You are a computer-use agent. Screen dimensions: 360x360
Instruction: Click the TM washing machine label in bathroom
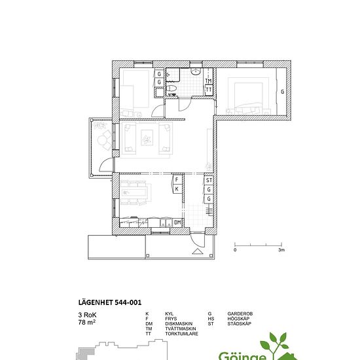pyautogui.click(x=208, y=81)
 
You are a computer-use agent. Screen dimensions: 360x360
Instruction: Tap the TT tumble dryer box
pyautogui.click(x=209, y=89)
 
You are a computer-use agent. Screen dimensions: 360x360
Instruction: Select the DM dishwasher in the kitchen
pyautogui.click(x=177, y=223)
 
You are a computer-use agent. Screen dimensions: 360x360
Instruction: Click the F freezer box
pyautogui.click(x=177, y=179)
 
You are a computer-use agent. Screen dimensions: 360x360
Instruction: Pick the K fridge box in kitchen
pyautogui.click(x=177, y=189)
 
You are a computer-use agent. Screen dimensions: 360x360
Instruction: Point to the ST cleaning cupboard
pyautogui.click(x=209, y=180)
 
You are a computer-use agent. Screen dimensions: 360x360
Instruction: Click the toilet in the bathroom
pyautogui.click(x=171, y=88)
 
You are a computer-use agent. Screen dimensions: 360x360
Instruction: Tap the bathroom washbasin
pyautogui.click(x=196, y=71)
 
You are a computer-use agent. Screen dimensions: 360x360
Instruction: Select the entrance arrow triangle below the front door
pyautogui.click(x=198, y=251)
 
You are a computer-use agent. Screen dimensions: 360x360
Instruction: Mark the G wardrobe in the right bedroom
pyautogui.click(x=281, y=92)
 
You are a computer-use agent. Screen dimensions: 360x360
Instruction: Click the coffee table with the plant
pyautogui.click(x=147, y=137)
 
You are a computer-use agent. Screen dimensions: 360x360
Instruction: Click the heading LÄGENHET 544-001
pyautogui.click(x=110, y=302)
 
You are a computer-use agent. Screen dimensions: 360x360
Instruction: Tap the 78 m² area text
pyautogui.click(x=87, y=322)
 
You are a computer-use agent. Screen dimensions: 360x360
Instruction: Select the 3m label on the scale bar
pyautogui.click(x=281, y=250)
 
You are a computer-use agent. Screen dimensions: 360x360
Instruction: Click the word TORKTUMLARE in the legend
pyautogui.click(x=181, y=334)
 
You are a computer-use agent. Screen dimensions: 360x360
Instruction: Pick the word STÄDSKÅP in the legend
pyautogui.click(x=239, y=324)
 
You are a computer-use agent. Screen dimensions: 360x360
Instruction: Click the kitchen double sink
pyautogui.click(x=166, y=223)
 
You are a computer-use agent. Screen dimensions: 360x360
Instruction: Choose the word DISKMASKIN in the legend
pyautogui.click(x=179, y=324)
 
